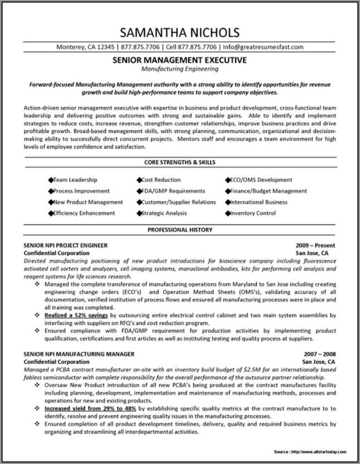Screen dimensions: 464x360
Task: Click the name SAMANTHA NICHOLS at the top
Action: (180, 33)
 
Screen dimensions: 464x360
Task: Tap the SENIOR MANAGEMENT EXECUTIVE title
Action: (180, 60)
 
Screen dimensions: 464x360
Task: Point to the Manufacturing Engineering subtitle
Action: (180, 68)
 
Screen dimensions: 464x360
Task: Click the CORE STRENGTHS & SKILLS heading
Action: (180, 162)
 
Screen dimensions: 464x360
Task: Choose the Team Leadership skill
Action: (75, 179)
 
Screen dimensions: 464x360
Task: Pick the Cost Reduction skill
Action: (161, 179)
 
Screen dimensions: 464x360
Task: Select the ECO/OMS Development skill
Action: (261, 179)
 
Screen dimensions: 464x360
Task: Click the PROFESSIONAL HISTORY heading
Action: (180, 230)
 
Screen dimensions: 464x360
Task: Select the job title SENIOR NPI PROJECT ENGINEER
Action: (66, 246)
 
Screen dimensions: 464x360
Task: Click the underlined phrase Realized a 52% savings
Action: (76, 315)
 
